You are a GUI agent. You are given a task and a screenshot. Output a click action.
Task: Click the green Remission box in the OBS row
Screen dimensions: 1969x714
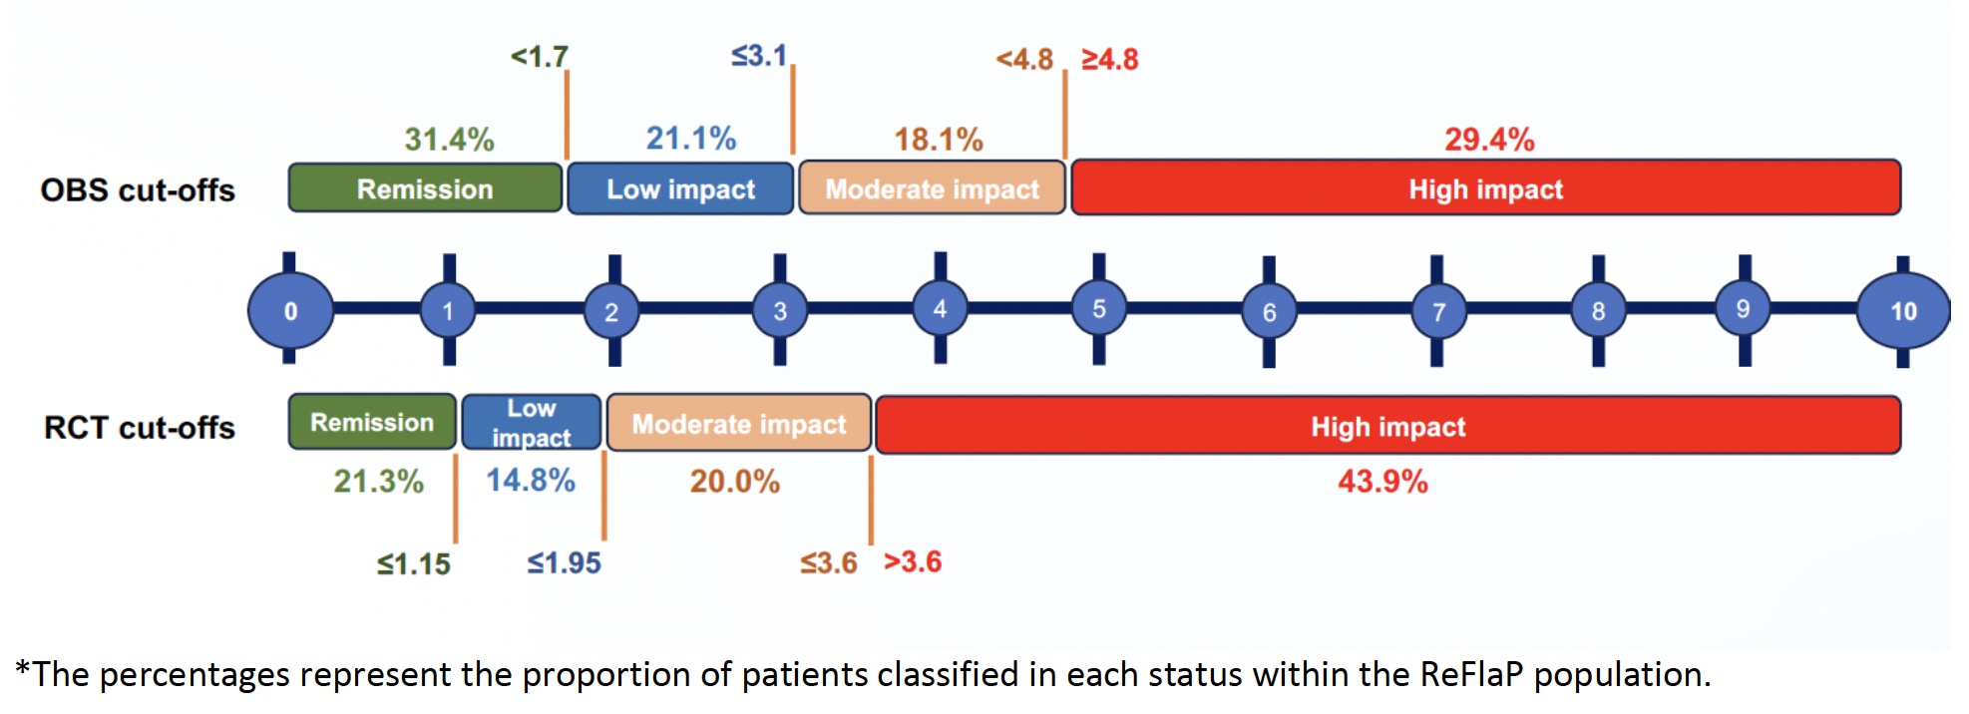[x=425, y=188]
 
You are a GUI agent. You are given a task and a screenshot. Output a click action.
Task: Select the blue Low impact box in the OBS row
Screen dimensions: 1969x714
[x=680, y=188]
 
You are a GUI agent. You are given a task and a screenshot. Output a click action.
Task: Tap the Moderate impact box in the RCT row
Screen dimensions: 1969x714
[x=739, y=423]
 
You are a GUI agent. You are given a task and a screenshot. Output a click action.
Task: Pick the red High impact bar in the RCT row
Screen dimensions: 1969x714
[x=1388, y=426]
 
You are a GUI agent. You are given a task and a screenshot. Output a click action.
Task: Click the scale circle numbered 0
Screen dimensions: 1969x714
[x=290, y=310]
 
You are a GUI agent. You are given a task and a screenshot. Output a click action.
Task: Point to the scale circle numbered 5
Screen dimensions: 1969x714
[x=1098, y=308]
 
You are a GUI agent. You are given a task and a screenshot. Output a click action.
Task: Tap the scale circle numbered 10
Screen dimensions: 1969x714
[x=1903, y=311]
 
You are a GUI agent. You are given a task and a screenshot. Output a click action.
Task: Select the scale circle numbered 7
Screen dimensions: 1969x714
[x=1438, y=312]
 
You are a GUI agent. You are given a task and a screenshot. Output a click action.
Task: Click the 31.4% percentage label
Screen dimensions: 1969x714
[x=449, y=139]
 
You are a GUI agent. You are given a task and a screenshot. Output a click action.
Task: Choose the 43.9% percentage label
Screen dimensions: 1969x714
[x=1382, y=482]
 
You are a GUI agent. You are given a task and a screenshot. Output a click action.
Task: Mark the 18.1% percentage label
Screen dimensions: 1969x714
[x=939, y=139]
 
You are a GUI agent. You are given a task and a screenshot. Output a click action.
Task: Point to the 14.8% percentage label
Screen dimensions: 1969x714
[x=531, y=481]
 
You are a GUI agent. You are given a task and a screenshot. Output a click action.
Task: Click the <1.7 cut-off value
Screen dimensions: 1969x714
[x=540, y=57]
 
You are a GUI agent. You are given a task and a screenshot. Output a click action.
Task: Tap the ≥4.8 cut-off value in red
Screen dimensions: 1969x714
[x=1110, y=60]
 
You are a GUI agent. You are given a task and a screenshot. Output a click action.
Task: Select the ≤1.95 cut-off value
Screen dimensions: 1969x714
[x=565, y=563]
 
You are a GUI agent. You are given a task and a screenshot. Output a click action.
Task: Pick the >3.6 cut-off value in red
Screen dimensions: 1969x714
[x=913, y=561]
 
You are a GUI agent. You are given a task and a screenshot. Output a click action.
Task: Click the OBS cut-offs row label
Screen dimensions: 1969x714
[x=138, y=190]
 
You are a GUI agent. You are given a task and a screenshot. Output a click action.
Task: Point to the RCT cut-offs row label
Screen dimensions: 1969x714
[x=140, y=428]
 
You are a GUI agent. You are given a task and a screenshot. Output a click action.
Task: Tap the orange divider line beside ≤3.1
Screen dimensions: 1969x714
[x=793, y=109]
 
